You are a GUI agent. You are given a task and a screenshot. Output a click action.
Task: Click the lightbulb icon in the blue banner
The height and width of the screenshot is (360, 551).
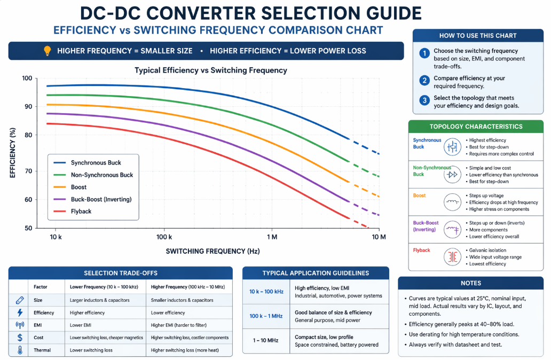click(x=46, y=51)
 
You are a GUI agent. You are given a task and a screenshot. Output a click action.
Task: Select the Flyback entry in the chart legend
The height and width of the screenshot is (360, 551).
click(x=81, y=212)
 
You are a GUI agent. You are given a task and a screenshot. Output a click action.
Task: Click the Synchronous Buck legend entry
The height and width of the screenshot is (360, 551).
click(x=96, y=163)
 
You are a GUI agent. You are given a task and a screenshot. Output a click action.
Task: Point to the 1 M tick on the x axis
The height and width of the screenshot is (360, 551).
click(x=271, y=236)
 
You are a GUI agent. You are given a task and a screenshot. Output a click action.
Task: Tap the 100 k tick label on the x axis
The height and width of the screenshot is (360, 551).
click(x=164, y=236)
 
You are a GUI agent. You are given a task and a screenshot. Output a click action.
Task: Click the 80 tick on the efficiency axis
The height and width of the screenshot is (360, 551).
click(x=27, y=135)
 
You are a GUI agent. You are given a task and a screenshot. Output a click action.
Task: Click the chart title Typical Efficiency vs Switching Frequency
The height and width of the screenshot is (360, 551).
click(x=210, y=70)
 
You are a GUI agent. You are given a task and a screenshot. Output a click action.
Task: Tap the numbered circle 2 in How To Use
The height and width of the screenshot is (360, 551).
click(x=424, y=80)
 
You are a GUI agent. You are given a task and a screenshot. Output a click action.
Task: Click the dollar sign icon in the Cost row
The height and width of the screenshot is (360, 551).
click(x=20, y=338)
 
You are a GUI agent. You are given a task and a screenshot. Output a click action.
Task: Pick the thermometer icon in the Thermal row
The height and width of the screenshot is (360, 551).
click(x=20, y=350)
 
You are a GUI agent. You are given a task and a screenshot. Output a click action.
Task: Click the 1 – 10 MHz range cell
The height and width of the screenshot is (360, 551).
click(x=265, y=340)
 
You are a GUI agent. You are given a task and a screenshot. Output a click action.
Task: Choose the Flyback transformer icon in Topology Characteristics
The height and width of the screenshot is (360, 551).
click(x=452, y=257)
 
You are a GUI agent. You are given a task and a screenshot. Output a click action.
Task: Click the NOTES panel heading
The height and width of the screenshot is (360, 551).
click(x=471, y=283)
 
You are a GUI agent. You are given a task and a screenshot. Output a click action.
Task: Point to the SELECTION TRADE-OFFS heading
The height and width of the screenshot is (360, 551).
click(x=121, y=273)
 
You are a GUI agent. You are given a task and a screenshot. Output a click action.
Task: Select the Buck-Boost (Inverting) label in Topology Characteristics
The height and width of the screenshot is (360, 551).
click(x=424, y=226)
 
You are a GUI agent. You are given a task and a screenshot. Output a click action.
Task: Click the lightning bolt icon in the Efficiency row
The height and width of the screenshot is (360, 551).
click(x=20, y=312)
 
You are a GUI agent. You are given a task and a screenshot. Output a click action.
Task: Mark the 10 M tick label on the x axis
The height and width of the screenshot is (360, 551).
click(x=378, y=236)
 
